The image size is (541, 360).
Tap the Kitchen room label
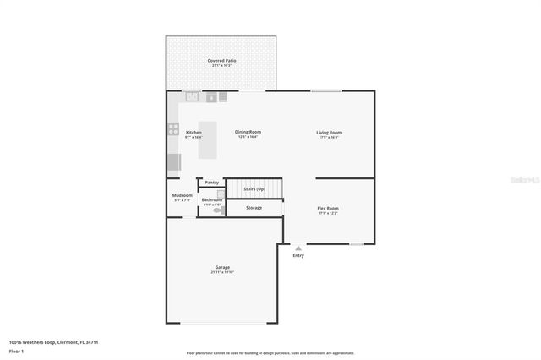click(x=194, y=133)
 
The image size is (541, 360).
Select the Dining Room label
click(x=248, y=132)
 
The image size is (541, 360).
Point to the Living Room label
click(x=329, y=132)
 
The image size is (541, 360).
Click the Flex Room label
click(x=328, y=208)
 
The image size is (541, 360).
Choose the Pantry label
click(x=211, y=182)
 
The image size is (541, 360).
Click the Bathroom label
click(x=211, y=199)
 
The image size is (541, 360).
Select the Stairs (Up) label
click(x=254, y=188)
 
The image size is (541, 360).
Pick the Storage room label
click(x=254, y=207)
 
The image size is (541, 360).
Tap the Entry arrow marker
click(x=298, y=248)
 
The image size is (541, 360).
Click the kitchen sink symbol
click(x=193, y=96)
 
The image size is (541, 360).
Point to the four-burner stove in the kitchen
click(x=173, y=129)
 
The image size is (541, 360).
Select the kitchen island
click(x=208, y=140)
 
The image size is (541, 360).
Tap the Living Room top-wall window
click(x=325, y=90)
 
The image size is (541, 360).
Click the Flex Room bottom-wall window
click(x=357, y=244)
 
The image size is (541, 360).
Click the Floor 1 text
click(x=15, y=350)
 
